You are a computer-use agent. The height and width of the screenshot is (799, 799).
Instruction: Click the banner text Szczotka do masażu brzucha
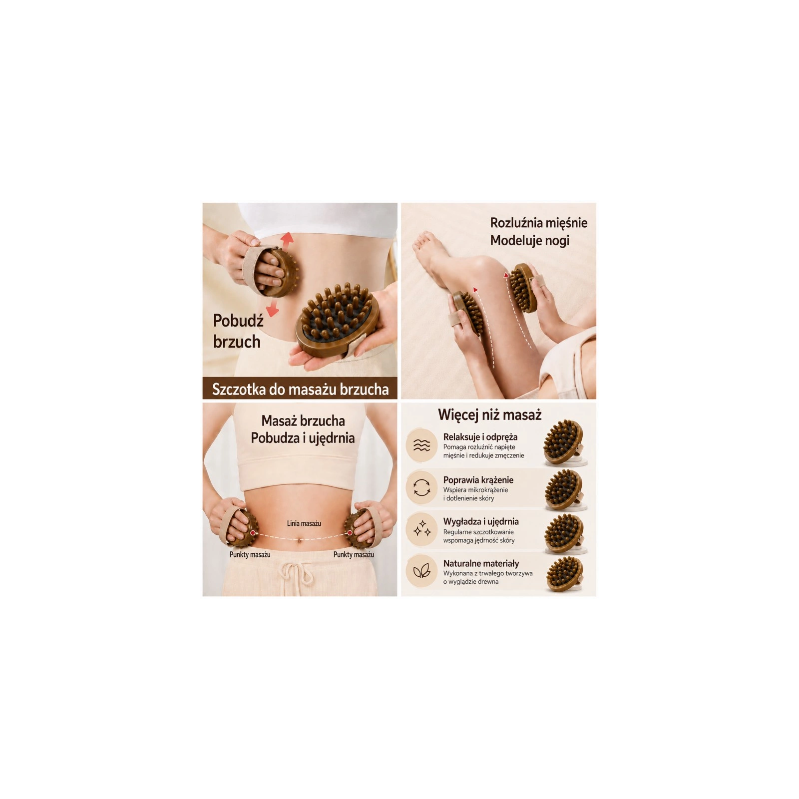click(300, 389)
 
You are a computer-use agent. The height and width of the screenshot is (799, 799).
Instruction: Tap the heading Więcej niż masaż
click(489, 414)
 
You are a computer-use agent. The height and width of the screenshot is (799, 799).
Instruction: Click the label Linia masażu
click(304, 523)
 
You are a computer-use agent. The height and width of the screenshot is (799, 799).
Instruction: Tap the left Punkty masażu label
click(250, 554)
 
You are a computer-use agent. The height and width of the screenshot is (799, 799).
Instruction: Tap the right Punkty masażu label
click(354, 554)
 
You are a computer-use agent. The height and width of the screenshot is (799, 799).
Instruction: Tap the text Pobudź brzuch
click(237, 331)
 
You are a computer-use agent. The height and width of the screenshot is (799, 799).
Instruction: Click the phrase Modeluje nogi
click(530, 241)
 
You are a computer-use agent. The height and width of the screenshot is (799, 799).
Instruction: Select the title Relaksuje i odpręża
click(480, 437)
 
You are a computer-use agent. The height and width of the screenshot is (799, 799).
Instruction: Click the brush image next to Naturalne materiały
click(565, 574)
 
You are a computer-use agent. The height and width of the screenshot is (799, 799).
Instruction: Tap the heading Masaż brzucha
click(303, 420)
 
